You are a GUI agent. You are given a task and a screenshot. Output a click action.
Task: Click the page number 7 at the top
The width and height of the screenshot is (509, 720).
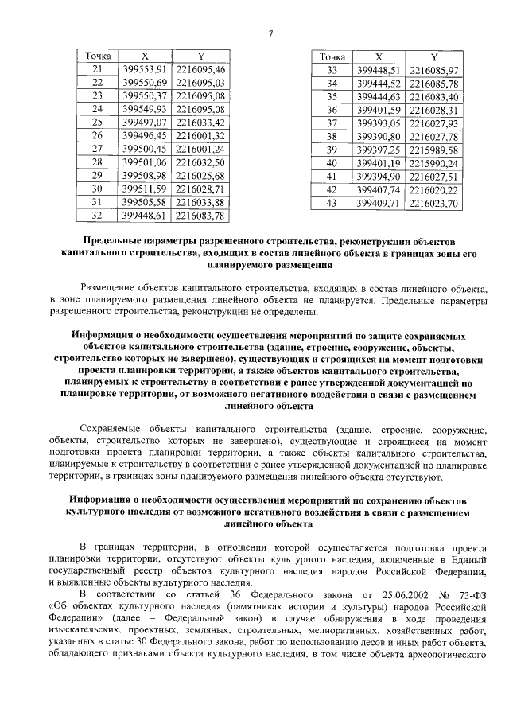[270, 33]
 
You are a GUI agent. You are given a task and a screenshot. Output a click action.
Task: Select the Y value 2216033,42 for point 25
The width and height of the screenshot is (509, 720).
[200, 122]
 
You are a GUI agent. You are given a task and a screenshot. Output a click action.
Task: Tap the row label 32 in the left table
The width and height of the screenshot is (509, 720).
[99, 215]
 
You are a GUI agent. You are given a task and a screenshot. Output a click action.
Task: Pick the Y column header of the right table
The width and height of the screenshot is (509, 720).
[433, 57]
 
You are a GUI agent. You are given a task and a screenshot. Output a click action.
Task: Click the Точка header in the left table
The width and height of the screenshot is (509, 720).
[99, 57]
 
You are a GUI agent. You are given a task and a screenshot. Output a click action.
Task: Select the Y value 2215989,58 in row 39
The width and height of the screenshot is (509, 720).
[433, 150]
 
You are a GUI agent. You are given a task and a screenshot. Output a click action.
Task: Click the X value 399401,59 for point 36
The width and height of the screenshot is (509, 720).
[379, 109]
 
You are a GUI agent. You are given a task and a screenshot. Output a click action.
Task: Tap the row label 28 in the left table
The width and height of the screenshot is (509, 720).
[99, 162]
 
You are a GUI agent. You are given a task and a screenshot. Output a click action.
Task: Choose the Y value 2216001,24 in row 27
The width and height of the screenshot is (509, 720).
[200, 148]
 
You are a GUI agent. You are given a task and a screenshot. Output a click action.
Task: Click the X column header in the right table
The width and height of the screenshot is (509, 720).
[379, 57]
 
